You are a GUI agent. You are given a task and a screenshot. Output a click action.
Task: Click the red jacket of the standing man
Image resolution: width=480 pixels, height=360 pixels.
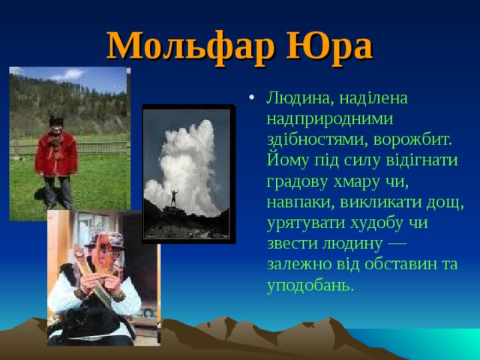(55, 154)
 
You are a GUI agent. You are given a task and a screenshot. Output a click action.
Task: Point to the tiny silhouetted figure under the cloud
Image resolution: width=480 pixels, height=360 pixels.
(175, 196)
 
